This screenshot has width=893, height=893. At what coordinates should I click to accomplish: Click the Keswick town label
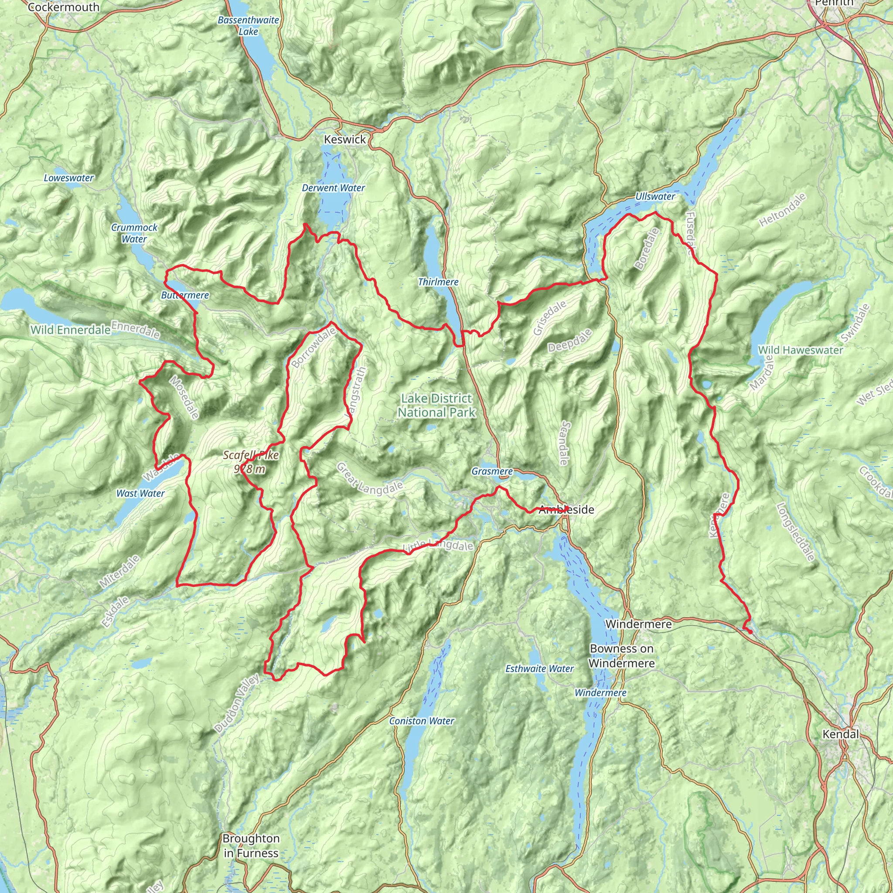tap(345, 140)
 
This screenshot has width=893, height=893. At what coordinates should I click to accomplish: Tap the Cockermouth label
tap(63, 7)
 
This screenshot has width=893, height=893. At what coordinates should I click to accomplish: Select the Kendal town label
tap(840, 734)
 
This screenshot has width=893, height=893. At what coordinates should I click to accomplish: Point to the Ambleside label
tap(566, 510)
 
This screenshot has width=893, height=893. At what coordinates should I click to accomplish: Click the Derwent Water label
tap(333, 188)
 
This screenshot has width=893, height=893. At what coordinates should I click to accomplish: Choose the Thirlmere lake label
tap(438, 282)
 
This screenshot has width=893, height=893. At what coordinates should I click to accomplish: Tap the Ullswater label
tap(655, 197)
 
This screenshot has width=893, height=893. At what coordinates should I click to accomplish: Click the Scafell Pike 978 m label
tap(251, 462)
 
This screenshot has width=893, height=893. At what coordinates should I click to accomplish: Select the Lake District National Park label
tap(436, 406)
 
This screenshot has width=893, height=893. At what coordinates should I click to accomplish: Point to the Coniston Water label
tap(422, 721)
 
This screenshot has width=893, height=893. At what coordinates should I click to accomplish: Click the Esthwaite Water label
tap(539, 669)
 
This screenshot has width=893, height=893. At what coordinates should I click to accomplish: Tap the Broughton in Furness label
tap(251, 846)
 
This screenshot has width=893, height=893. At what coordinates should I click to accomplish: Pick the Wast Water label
tap(140, 494)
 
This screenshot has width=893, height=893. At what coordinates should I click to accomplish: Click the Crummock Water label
tap(134, 233)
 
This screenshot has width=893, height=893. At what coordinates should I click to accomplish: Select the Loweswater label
tap(69, 178)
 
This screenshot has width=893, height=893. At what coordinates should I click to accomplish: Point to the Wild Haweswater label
tap(801, 351)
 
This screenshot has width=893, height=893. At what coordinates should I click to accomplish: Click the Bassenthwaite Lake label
tap(248, 26)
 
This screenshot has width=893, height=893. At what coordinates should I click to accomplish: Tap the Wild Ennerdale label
tap(71, 330)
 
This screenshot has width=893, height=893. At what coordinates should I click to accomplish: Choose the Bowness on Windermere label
tap(622, 656)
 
